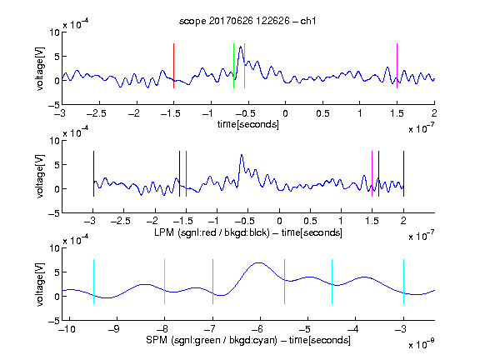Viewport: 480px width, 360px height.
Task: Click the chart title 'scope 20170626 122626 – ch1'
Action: point(247,21)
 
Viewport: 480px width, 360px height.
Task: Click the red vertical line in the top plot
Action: point(173,66)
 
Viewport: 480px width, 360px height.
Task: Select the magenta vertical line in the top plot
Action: point(397,66)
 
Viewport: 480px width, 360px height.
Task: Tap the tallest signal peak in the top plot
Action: point(241,47)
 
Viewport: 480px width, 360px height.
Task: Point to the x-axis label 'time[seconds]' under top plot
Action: point(248,124)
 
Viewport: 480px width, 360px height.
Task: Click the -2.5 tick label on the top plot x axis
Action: point(97,113)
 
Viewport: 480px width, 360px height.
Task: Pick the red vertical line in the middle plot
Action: point(186,173)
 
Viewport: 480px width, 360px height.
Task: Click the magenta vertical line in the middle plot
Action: point(372,173)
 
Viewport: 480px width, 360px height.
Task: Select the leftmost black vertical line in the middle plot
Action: point(93,173)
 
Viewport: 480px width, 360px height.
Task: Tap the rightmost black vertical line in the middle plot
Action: point(403,173)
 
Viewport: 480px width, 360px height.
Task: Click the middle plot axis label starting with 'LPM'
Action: point(248,232)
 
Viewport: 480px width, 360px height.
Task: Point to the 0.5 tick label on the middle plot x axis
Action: point(310,221)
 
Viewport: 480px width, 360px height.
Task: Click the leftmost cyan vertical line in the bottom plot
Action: point(93,282)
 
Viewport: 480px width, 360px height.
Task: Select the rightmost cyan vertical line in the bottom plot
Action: point(403,282)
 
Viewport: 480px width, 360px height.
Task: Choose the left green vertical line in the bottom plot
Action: point(212,282)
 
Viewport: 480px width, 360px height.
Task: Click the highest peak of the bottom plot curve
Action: point(259,262)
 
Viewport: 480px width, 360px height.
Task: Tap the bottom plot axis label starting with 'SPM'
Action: point(248,340)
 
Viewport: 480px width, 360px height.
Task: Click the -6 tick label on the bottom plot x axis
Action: point(257,329)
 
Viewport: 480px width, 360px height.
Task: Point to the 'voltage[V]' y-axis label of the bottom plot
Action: point(40,284)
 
